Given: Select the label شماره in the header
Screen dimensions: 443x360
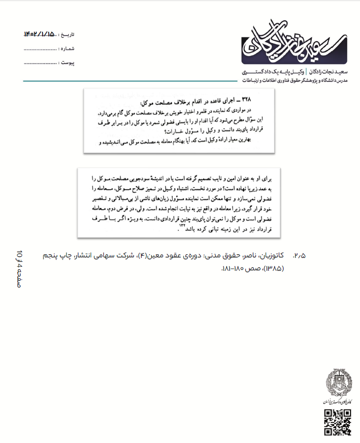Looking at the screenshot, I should tap(67, 48).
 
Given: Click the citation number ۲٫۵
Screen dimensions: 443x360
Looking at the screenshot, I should tap(300, 255).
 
